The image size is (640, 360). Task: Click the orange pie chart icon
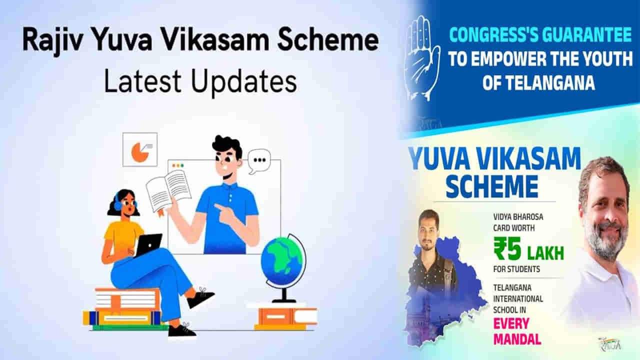139,151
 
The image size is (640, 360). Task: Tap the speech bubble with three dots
259,160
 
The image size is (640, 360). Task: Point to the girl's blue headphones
118,202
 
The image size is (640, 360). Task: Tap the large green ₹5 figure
509,248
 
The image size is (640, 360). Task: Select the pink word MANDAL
517,338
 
